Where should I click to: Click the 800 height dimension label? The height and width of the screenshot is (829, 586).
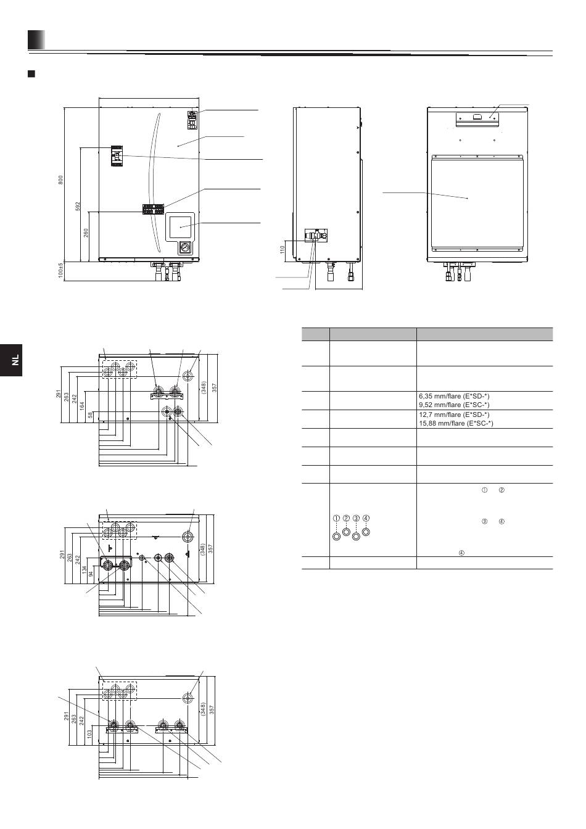pyautogui.click(x=60, y=180)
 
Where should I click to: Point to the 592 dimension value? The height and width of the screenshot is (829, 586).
pyautogui.click(x=78, y=206)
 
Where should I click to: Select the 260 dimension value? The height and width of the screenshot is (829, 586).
pyautogui.click(x=86, y=233)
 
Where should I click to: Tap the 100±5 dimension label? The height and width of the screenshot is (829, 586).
pyautogui.click(x=60, y=271)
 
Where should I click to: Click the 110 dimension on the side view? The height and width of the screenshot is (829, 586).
pyautogui.click(x=283, y=249)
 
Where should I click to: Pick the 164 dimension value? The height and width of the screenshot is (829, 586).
pyautogui.click(x=82, y=406)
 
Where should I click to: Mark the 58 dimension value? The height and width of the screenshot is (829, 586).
pyautogui.click(x=90, y=415)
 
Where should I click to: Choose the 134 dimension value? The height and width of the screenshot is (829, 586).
pyautogui.click(x=85, y=570)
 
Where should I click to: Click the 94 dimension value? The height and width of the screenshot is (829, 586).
pyautogui.click(x=91, y=574)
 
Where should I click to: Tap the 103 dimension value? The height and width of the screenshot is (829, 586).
pyautogui.click(x=89, y=734)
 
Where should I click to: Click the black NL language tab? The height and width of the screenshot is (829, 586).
pyautogui.click(x=11, y=360)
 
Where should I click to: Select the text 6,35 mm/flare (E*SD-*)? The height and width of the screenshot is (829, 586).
pyautogui.click(x=454, y=396)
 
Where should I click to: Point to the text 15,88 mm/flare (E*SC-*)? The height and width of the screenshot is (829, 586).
pyautogui.click(x=456, y=423)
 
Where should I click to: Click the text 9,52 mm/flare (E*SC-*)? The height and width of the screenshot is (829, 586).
pyautogui.click(x=454, y=405)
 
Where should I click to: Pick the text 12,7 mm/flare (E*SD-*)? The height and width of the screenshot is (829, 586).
pyautogui.click(x=454, y=414)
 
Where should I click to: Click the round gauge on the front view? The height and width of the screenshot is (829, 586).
pyautogui.click(x=184, y=247)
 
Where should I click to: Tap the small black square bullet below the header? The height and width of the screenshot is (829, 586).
pyautogui.click(x=31, y=73)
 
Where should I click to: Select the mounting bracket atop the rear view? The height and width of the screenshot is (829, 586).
pyautogui.click(x=477, y=119)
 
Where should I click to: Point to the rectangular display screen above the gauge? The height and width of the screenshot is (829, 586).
pyautogui.click(x=180, y=227)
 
